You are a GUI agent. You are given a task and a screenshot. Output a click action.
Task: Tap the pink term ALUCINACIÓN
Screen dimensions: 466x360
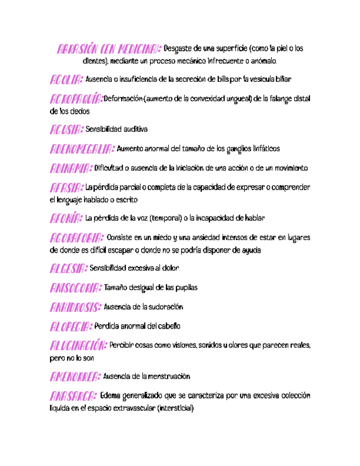[x=77, y=346]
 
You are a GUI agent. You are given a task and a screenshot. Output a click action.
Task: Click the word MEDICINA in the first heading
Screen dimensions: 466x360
[x=139, y=49]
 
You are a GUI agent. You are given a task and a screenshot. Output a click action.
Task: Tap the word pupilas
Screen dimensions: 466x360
[x=185, y=288]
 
